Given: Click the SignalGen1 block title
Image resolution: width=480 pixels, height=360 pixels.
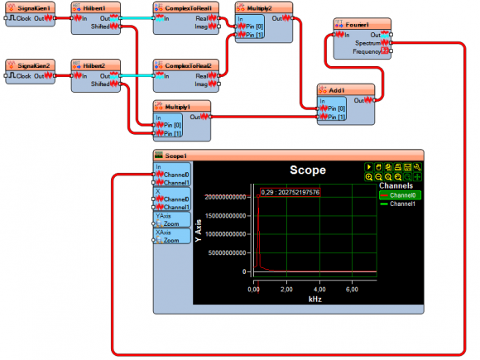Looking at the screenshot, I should [33, 7].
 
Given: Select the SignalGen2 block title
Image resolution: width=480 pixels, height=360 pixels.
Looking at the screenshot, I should [33, 65].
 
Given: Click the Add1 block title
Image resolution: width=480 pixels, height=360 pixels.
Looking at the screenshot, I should [346, 90].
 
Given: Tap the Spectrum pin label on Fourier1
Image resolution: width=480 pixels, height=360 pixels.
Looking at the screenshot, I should [368, 43].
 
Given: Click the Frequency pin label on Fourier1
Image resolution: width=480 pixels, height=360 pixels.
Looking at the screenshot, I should [367, 51].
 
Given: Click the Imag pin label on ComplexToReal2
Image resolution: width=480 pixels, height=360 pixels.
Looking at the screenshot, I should [200, 84].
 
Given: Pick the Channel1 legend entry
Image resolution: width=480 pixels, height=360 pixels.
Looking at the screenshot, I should [403, 203].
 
